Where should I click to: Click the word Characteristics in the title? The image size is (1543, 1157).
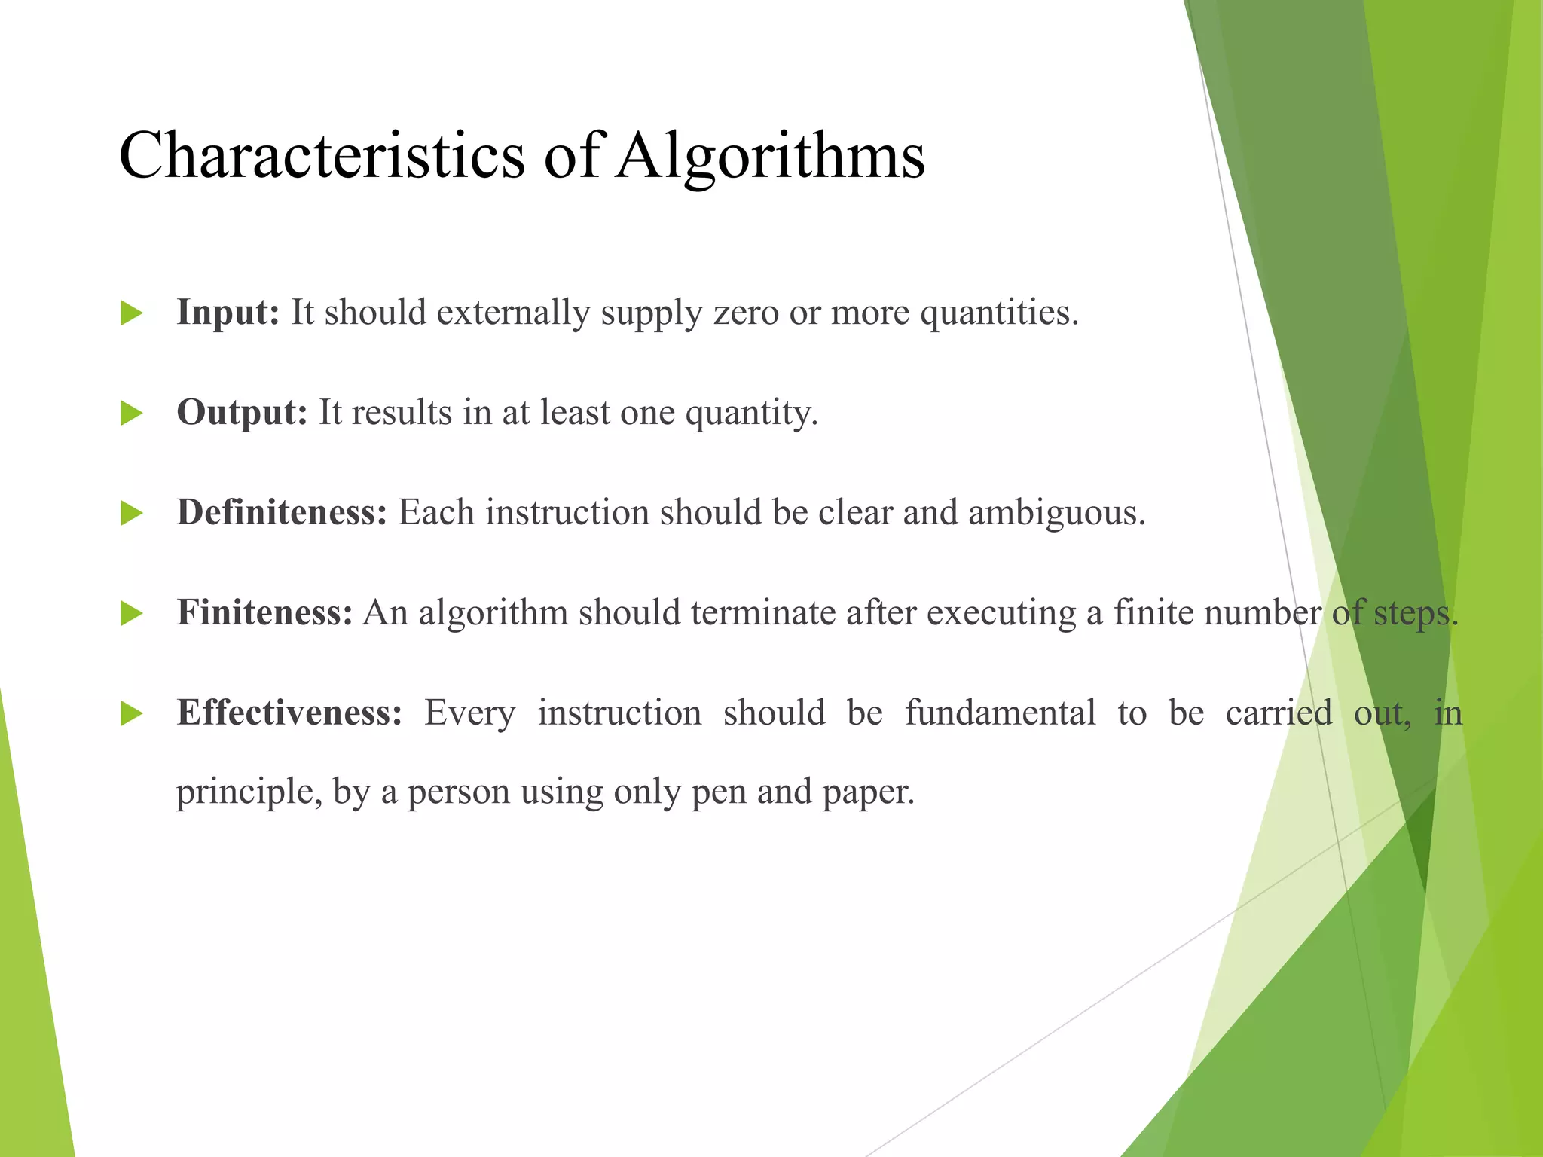pos(322,154)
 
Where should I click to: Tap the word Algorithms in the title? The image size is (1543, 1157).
pos(769,156)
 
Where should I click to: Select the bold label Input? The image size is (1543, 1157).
pos(228,312)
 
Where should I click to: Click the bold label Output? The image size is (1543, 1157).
pos(242,412)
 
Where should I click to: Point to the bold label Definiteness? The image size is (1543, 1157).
pos(282,512)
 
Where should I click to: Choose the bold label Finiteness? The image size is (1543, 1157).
pos(264,612)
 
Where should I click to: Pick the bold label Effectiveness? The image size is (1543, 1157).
pos(289,712)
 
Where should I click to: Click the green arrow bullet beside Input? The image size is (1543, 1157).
pos(131,313)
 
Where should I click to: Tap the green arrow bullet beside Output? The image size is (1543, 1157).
pos(131,414)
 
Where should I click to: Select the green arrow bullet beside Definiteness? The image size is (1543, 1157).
pos(131,514)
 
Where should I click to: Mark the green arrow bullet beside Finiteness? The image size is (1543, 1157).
pos(131,613)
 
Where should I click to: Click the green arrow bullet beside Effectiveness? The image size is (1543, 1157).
pos(131,713)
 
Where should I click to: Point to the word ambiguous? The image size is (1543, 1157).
pos(1056,512)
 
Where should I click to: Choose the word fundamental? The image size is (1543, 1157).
pos(1000,712)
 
